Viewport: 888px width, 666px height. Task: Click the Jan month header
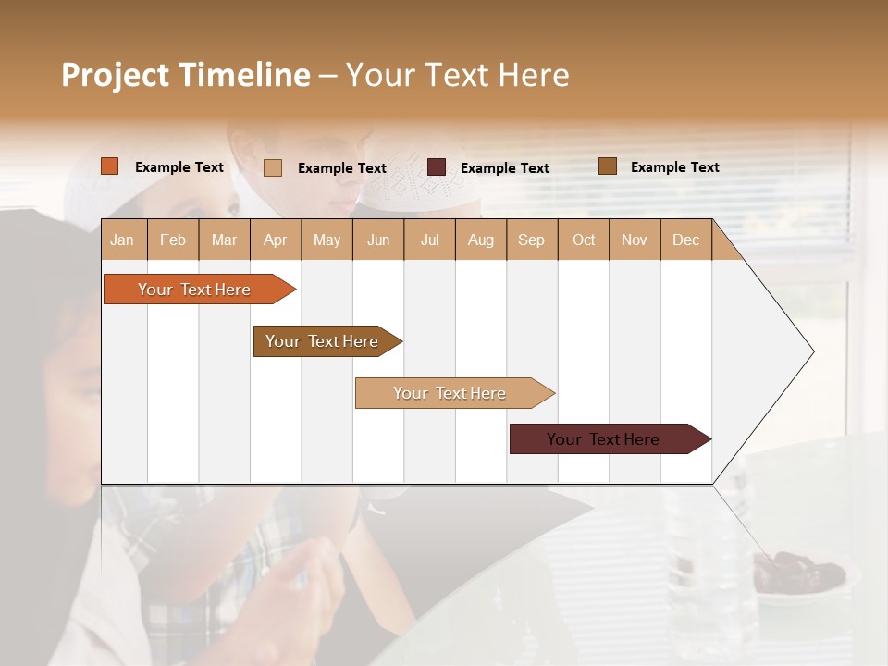pyautogui.click(x=122, y=240)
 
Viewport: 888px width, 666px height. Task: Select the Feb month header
pyautogui.click(x=173, y=240)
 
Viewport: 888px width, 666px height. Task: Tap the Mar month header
pyautogui.click(x=224, y=240)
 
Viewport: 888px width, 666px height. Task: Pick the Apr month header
pyautogui.click(x=275, y=240)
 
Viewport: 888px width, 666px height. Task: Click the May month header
pyautogui.click(x=327, y=240)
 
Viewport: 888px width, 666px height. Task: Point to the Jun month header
pyautogui.click(x=378, y=240)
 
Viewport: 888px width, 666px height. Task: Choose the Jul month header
pyautogui.click(x=429, y=240)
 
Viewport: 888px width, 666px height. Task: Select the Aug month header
pyautogui.click(x=480, y=240)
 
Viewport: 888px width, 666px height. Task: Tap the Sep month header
pyautogui.click(x=531, y=240)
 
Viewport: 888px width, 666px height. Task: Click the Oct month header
pyautogui.click(x=584, y=240)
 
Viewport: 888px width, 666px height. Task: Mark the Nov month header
pyautogui.click(x=635, y=240)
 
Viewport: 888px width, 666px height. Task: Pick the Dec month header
pyautogui.click(x=685, y=240)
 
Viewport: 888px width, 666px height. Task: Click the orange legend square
pyautogui.click(x=110, y=166)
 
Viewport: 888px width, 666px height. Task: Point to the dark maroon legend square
pyautogui.click(x=437, y=167)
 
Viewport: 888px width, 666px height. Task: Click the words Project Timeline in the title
pyautogui.click(x=186, y=75)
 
